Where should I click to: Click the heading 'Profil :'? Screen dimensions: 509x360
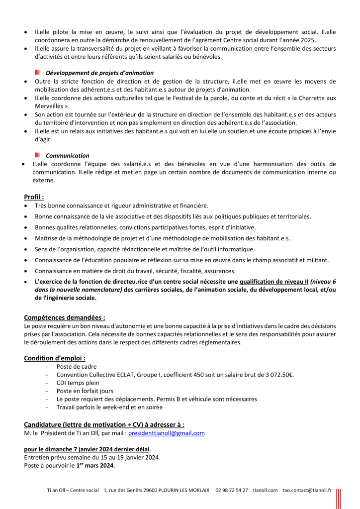[x=34, y=197]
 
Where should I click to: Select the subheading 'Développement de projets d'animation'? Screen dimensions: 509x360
[x=99, y=73]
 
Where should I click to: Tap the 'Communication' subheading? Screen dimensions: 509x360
[x=68, y=155]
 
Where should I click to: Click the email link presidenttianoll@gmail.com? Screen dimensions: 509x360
[x=167, y=433]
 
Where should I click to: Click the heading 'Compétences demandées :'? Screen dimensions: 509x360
[x=65, y=317]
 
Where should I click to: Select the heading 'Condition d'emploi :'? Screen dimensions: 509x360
[x=55, y=358]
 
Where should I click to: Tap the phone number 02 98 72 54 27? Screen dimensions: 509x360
[x=232, y=491]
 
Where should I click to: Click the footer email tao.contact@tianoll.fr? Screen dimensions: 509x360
[x=307, y=491]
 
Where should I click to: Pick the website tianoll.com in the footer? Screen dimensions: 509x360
[x=265, y=491]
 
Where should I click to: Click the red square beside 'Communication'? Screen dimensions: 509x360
[x=38, y=155]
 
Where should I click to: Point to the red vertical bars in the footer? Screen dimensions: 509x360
[x=338, y=498]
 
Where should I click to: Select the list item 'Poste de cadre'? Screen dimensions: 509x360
[x=77, y=366]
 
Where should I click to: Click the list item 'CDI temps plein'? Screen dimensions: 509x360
[x=78, y=383]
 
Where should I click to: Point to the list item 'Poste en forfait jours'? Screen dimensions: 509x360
[x=85, y=391]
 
